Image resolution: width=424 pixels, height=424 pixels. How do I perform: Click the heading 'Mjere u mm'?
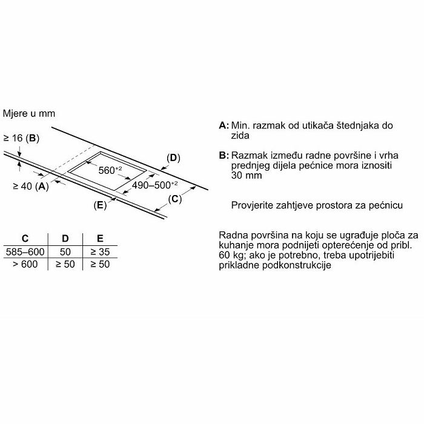click(x=28, y=113)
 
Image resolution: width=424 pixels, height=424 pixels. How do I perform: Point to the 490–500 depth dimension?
click(x=155, y=184)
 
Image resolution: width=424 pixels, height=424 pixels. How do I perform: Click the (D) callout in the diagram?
click(x=174, y=158)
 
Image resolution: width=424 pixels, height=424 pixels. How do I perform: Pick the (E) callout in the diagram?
click(x=100, y=205)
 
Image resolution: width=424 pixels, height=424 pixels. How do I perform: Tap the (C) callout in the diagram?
click(x=174, y=199)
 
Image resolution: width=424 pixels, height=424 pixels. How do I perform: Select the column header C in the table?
click(x=25, y=239)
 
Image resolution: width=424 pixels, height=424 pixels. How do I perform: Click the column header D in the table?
click(x=66, y=239)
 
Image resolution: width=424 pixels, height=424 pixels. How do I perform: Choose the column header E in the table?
click(x=99, y=239)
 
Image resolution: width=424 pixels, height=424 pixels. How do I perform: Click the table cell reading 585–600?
click(x=25, y=251)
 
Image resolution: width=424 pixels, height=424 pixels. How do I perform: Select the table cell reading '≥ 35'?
click(x=99, y=251)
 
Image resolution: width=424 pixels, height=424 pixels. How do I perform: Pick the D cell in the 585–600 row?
click(x=66, y=251)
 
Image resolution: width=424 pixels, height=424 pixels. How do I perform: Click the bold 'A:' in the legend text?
click(x=224, y=126)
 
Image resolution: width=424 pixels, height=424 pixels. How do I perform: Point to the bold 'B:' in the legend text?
click(x=224, y=156)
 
